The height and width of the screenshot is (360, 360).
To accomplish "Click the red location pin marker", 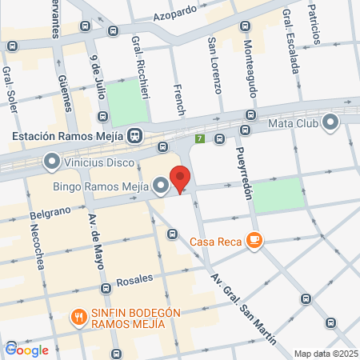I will (181, 179).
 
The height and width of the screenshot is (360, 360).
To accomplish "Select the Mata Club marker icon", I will (331, 122).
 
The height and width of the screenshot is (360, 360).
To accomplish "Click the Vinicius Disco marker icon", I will (52, 162).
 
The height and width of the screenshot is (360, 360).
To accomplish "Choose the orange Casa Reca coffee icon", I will (254, 240).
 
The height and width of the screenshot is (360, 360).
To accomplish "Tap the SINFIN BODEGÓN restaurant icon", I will (78, 317).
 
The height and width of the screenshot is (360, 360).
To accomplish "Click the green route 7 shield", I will (199, 138).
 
